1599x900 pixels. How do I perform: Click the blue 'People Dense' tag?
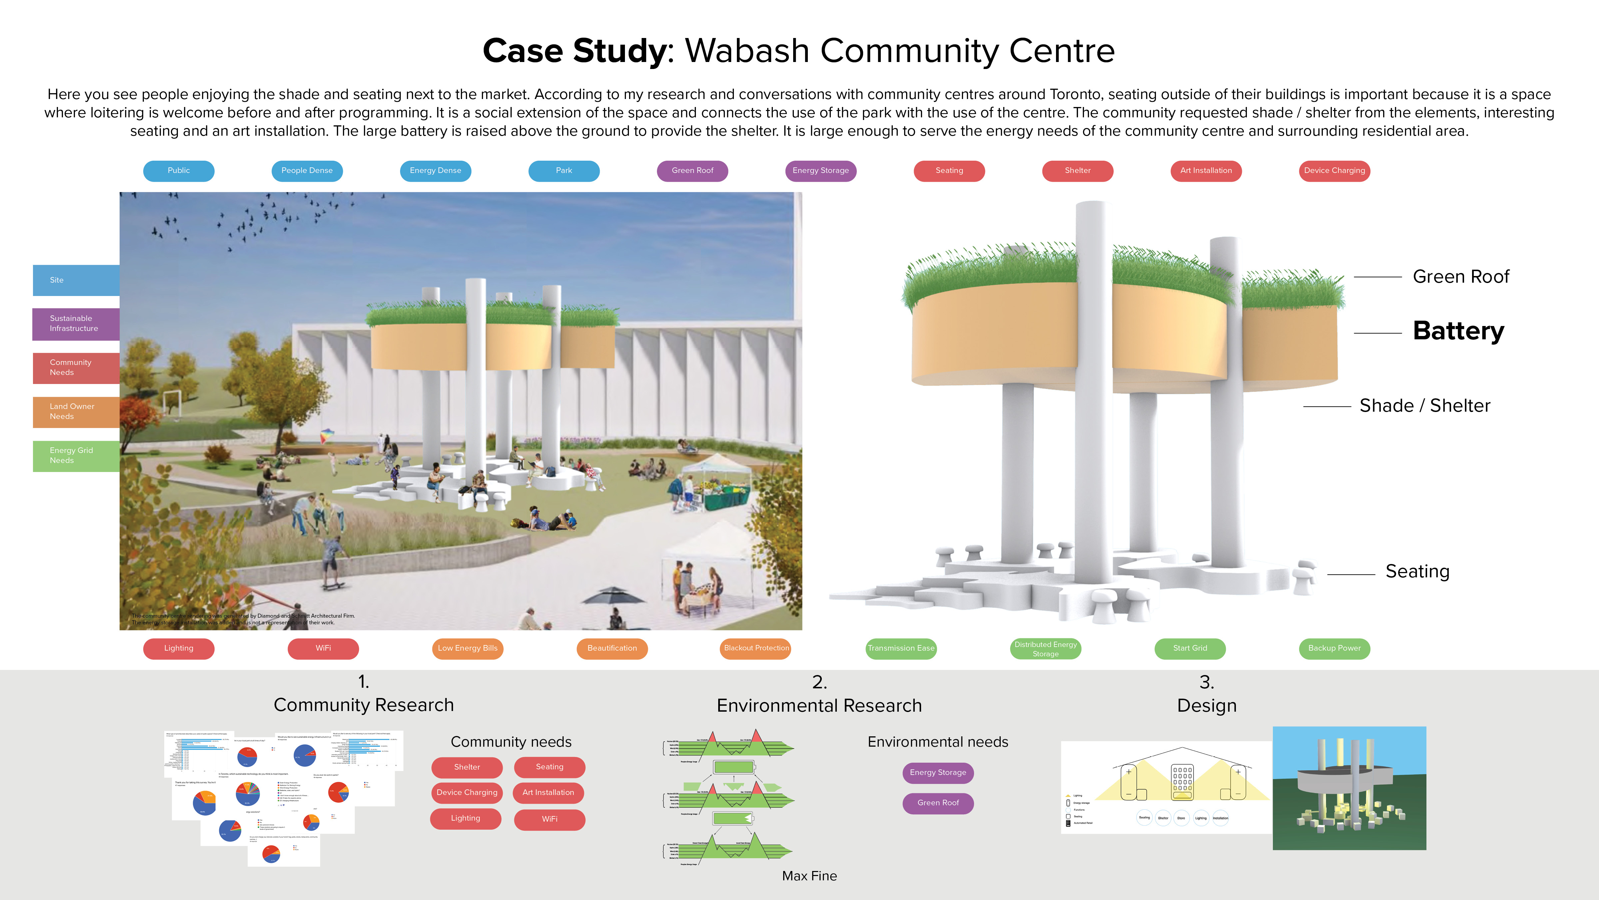coord(306,171)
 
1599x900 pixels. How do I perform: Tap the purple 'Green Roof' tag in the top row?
coord(692,171)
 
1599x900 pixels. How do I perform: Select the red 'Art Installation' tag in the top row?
coord(1206,171)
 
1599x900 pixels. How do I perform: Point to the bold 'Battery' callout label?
coord(1458,331)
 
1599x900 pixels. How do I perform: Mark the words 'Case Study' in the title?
coord(574,51)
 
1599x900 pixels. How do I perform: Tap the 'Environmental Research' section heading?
coord(819,706)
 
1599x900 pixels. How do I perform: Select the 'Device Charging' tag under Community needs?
coord(467,793)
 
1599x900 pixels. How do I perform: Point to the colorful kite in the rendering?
coord(327,436)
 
